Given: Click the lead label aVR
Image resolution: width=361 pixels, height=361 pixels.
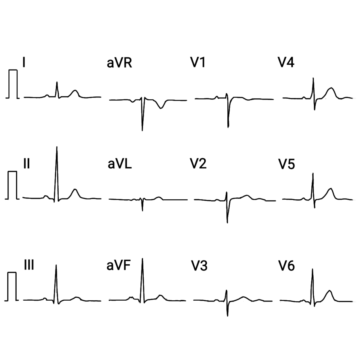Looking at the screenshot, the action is coord(119,63).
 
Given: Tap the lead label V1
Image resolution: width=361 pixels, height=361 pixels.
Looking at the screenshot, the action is coord(198,62).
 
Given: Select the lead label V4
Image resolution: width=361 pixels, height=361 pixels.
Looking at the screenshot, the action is coord(286,62).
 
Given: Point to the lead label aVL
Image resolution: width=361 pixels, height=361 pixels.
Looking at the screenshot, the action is coord(120,164).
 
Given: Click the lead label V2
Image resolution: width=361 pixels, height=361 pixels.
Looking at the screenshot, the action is coord(198,164).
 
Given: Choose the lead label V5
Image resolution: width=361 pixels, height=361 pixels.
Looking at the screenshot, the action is coord(287,164).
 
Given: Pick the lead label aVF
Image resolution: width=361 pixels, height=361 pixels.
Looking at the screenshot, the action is coord(118,265).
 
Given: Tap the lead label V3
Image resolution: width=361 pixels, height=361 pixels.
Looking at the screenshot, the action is coord(199,266).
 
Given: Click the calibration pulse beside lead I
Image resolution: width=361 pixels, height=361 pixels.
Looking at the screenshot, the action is coord(13,84).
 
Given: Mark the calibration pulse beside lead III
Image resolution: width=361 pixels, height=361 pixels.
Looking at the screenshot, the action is coord(12,287).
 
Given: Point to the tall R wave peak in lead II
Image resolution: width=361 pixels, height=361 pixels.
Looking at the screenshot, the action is coord(57,147).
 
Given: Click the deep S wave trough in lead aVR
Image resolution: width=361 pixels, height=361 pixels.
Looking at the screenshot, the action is coord(142,131).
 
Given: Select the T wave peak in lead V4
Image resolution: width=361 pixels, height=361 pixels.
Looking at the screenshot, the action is coord(331,88).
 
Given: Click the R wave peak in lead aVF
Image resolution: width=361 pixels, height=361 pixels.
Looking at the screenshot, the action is coord(142,259).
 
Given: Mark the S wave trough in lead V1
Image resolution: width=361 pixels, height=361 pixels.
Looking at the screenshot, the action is coord(228,127).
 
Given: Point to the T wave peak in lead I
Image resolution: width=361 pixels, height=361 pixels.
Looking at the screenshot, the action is coord(75,90).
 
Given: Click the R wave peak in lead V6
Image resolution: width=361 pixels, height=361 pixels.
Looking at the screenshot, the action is coord(312,269).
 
